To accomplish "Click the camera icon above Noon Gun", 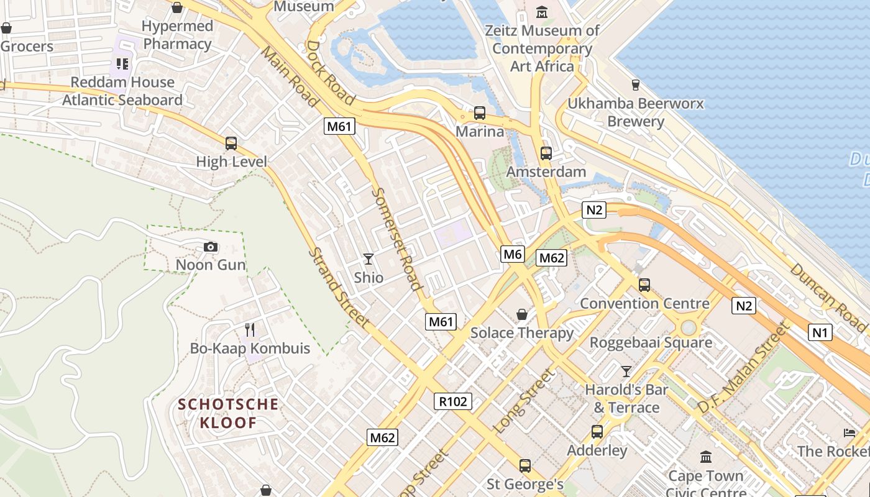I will tap(211, 247).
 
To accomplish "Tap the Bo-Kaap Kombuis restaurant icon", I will tap(250, 329).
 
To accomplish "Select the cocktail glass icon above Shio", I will tap(369, 258).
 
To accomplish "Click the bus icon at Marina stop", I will tap(479, 113).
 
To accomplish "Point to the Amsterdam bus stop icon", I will tap(546, 153).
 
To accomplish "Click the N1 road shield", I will tap(820, 332).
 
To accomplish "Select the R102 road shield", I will tap(452, 401).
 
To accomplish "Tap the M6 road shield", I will tap(513, 253).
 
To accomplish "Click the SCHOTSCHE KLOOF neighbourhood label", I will tap(228, 414).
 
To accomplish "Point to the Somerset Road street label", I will tap(396, 239).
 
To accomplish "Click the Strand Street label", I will tap(339, 288).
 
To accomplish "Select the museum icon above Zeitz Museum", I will tap(542, 12).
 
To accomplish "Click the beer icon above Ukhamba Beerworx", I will tap(635, 84).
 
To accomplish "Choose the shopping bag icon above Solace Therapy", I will tap(522, 314).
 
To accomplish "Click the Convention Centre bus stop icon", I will tap(644, 285).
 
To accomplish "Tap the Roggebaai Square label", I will tap(651, 342).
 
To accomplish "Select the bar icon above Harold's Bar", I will tap(626, 372).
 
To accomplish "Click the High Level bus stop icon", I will tap(231, 144).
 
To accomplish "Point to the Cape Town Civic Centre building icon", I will tap(705, 457).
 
